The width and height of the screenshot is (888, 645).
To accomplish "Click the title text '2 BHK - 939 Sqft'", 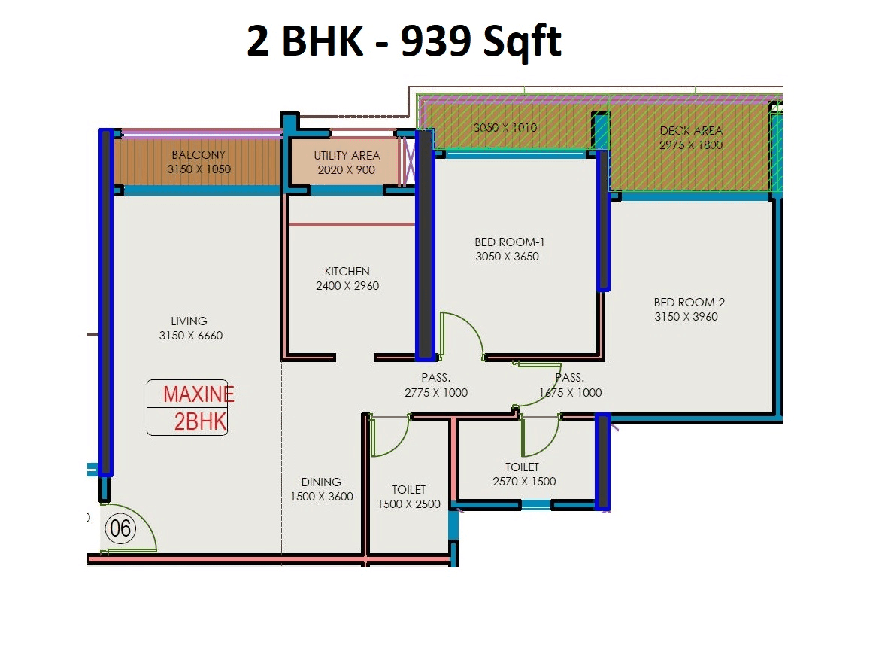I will coord(404,41).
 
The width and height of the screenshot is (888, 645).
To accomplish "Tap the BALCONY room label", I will coord(199,155).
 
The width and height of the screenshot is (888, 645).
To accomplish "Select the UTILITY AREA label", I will coord(346,156).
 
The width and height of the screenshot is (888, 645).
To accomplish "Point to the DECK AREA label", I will coord(690,131).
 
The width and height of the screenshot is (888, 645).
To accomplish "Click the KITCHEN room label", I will coord(347,272).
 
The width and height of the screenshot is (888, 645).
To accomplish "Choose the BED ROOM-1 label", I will coord(509,242).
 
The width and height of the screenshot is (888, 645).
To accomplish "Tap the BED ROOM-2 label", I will coord(689,303).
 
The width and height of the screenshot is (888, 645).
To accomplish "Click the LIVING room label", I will coord(189,321).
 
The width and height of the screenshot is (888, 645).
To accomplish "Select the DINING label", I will coord(321,482).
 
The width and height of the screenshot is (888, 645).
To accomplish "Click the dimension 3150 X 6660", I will coord(190,336).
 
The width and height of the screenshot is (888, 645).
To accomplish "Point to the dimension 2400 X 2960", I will coord(347,286).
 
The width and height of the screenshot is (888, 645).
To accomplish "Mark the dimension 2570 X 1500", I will coord(523,482).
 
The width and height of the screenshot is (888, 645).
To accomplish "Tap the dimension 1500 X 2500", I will coord(408,504).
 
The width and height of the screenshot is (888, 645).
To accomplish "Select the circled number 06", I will coord(120,529).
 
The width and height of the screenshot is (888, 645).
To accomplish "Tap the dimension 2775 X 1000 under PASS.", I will coord(435,392).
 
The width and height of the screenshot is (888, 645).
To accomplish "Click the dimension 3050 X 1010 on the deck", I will coord(505,128).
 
